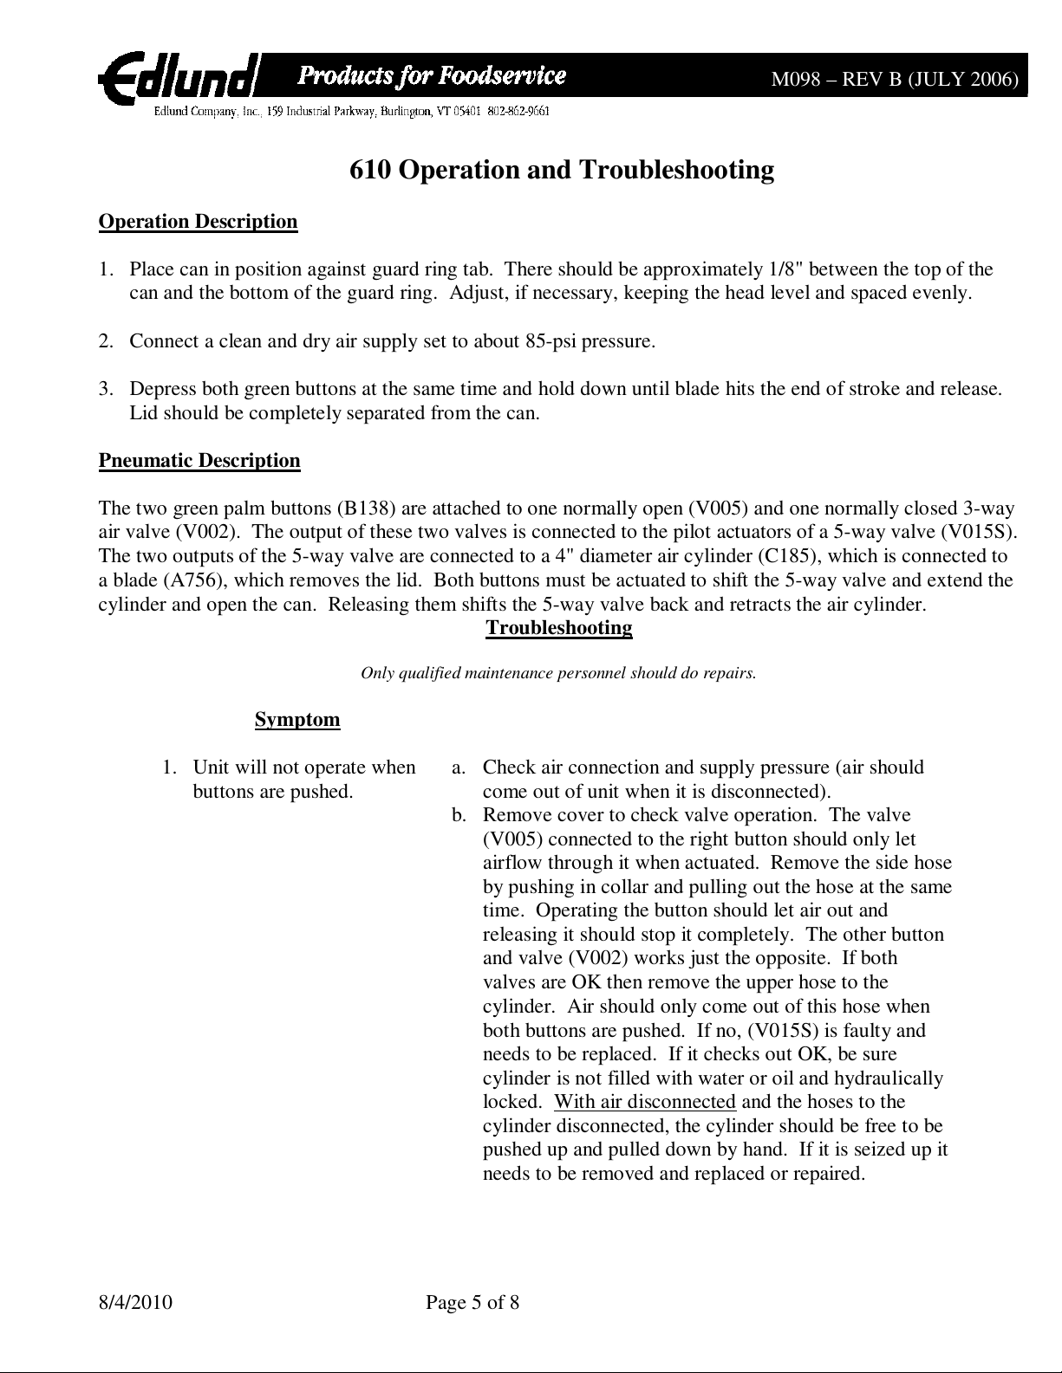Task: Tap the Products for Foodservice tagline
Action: coord(432,76)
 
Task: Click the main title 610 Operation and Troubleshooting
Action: coord(561,169)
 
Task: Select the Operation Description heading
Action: coord(198,222)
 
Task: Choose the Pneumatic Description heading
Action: coord(199,460)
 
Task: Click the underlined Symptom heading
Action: coord(297,720)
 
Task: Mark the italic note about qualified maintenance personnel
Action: coord(558,672)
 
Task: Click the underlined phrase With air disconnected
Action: coord(645,1102)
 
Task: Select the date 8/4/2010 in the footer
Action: coord(135,1302)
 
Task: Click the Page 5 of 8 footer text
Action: coord(472,1302)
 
